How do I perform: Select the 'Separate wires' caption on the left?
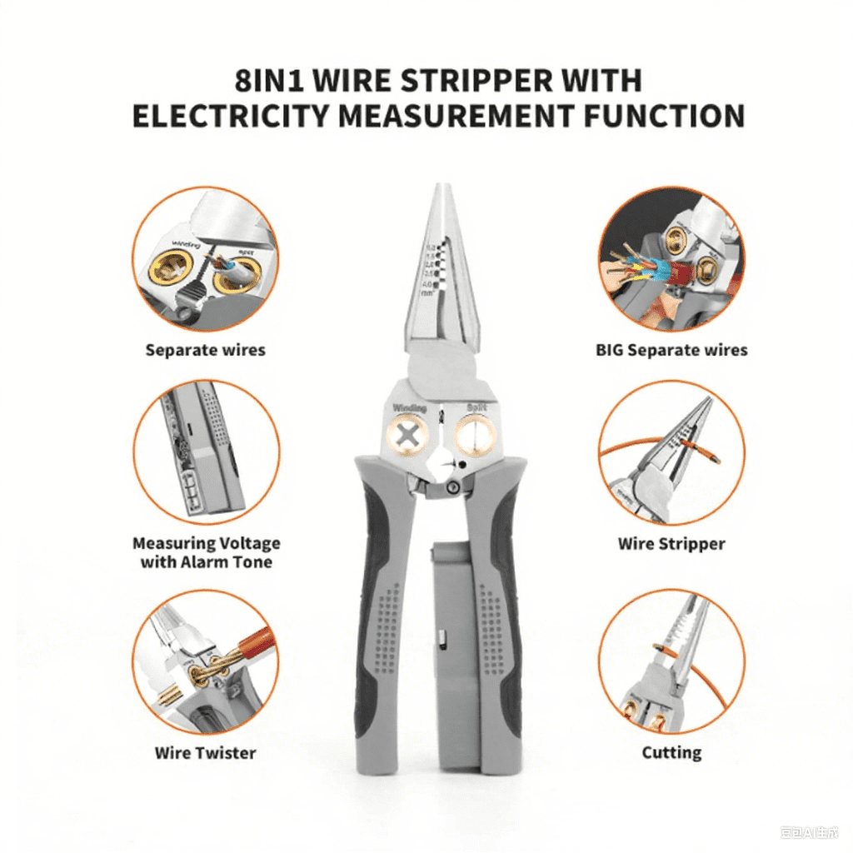(x=205, y=350)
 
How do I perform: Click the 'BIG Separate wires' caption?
(x=671, y=350)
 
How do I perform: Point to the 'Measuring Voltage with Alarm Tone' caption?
(x=206, y=552)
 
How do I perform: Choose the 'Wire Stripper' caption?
(x=671, y=544)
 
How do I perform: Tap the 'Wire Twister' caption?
(x=205, y=753)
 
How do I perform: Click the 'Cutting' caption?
(x=671, y=753)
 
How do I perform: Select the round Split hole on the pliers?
(x=476, y=434)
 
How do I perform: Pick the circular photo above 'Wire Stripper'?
(x=671, y=454)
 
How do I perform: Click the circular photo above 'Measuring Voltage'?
(x=205, y=454)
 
